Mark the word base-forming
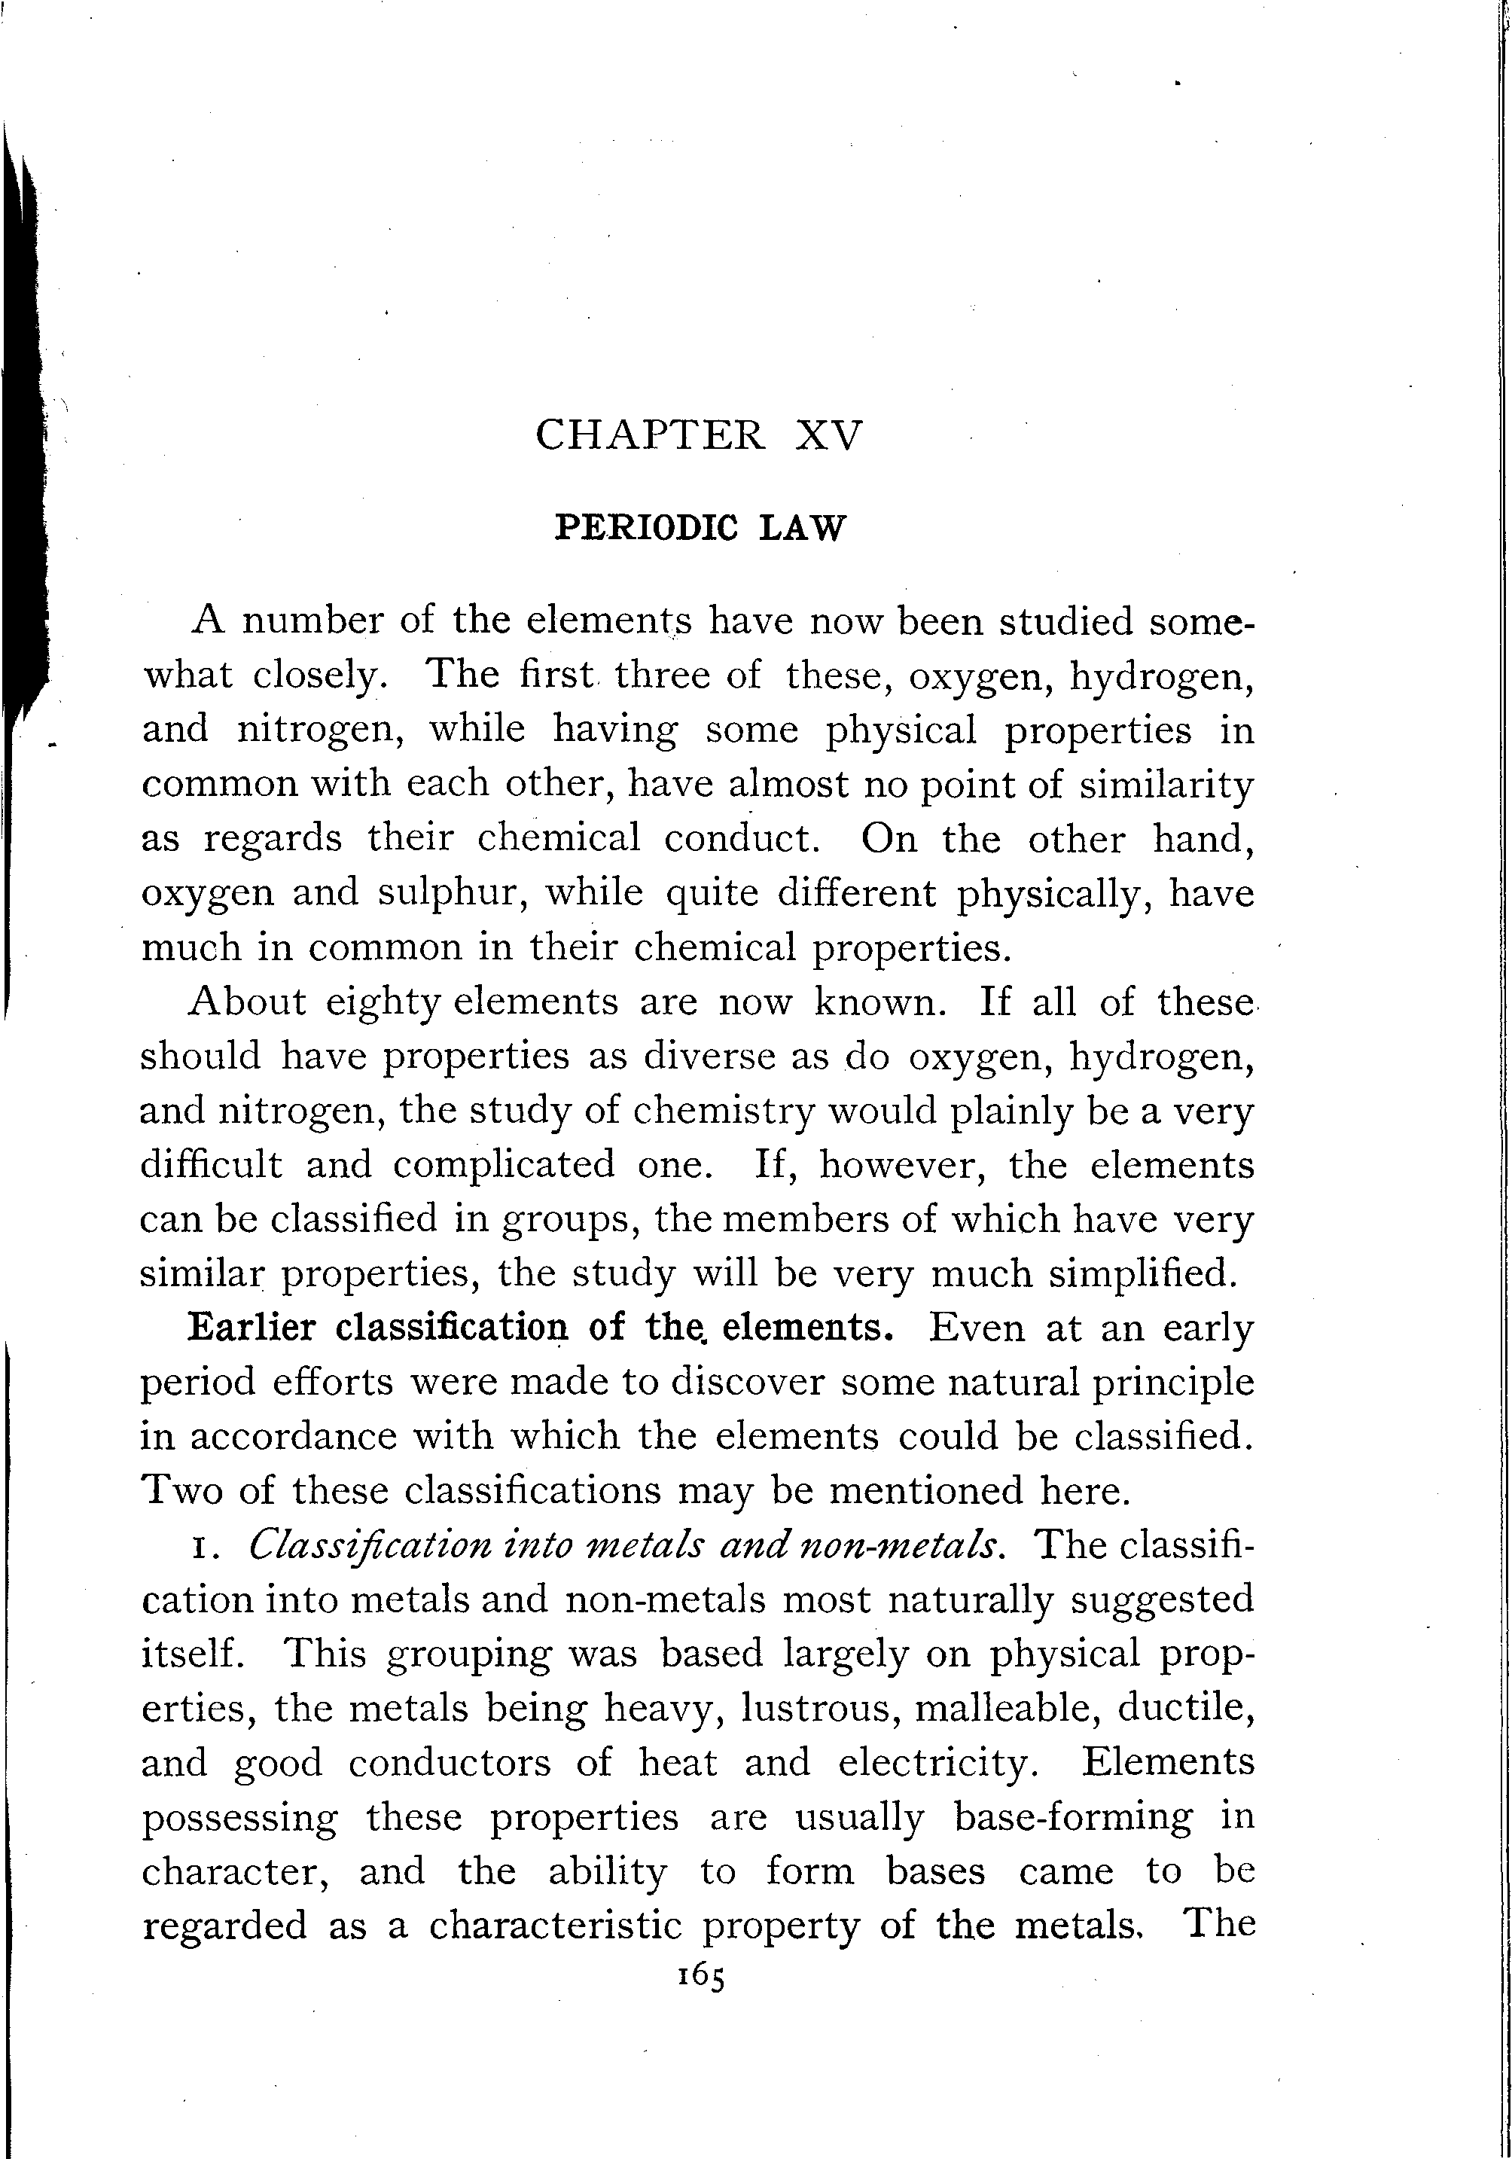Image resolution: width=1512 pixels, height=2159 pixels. (1072, 1816)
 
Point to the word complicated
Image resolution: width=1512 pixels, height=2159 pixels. (503, 1165)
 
